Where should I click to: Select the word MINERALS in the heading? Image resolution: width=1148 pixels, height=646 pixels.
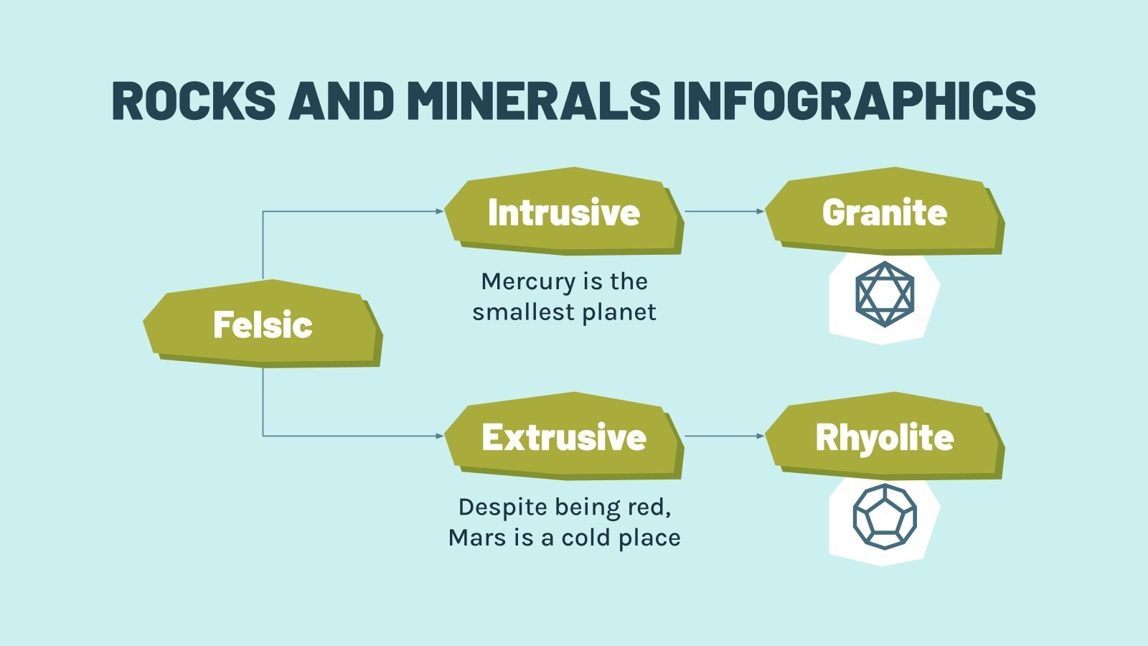pyautogui.click(x=532, y=100)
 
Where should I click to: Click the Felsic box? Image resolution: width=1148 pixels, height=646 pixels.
pyautogui.click(x=263, y=324)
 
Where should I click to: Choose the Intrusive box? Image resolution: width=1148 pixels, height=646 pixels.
pyautogui.click(x=563, y=212)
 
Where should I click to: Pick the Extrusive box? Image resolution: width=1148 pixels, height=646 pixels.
pyautogui.click(x=563, y=437)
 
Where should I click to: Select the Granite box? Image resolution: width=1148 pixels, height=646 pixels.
pyautogui.click(x=884, y=212)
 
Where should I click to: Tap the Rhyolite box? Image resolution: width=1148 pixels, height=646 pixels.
pyautogui.click(x=884, y=437)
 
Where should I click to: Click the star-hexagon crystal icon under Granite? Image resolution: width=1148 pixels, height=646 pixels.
pyautogui.click(x=885, y=294)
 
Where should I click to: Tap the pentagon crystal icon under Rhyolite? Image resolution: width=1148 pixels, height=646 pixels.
pyautogui.click(x=885, y=517)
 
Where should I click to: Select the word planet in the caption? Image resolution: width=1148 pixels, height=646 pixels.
pyautogui.click(x=619, y=313)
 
